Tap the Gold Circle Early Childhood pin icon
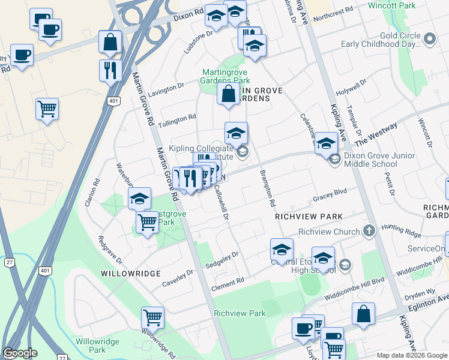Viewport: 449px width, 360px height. [x=429, y=40]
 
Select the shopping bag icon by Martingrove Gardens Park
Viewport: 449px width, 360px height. [x=228, y=94]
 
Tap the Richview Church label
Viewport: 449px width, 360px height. [x=330, y=231]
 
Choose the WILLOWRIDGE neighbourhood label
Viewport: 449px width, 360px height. [x=130, y=273]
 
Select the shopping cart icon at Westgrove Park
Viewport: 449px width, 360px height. [x=147, y=223]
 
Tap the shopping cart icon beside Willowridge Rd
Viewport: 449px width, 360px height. [x=153, y=317]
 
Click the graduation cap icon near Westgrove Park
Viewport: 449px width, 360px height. [x=139, y=199]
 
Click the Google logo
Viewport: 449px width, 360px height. [x=20, y=353]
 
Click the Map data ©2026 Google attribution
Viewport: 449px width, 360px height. [x=411, y=355]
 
